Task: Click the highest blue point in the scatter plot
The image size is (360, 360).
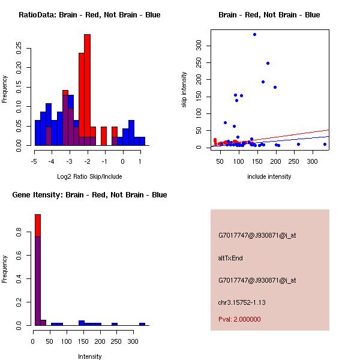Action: click(x=254, y=34)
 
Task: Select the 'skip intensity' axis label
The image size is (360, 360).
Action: click(x=184, y=90)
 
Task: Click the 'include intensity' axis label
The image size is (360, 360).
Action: click(x=269, y=176)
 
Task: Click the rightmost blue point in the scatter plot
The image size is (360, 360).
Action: click(x=325, y=144)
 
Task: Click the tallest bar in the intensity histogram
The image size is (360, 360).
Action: click(x=37, y=270)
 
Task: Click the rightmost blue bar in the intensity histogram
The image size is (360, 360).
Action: click(x=142, y=324)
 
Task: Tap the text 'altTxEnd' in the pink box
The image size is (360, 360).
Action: click(x=230, y=258)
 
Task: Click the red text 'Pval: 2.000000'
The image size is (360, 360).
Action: click(x=239, y=319)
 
